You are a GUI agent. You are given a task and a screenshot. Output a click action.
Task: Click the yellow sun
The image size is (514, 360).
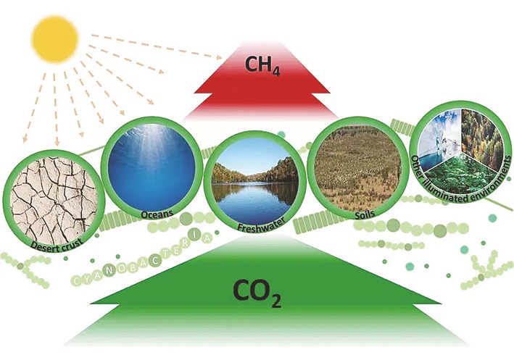55,39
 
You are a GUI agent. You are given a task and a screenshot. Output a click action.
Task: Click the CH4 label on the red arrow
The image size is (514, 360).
262,66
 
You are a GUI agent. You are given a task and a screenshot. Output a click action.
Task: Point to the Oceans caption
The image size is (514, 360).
157,214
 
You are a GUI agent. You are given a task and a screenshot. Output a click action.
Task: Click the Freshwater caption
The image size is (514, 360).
261,224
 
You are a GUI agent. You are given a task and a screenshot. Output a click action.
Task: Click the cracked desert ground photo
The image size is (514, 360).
54,202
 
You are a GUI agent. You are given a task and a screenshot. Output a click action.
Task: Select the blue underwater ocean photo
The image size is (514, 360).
152,168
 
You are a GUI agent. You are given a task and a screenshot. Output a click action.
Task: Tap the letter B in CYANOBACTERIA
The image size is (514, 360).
141,263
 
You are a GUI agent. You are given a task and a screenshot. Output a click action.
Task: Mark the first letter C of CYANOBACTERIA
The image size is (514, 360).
76,280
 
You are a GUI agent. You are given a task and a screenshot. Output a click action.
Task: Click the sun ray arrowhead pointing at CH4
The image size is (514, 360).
218,57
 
